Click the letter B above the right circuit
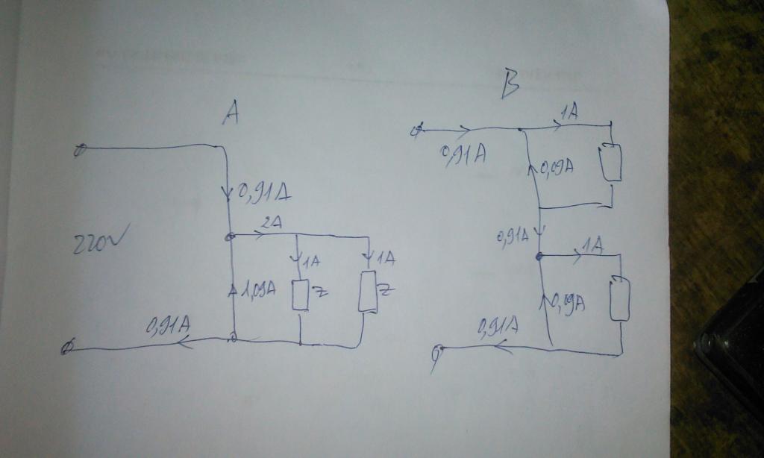(510, 84)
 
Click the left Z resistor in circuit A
(300, 295)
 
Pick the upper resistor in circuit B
(612, 163)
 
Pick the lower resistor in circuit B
(620, 298)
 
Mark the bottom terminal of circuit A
(68, 348)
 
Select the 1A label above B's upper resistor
(569, 113)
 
